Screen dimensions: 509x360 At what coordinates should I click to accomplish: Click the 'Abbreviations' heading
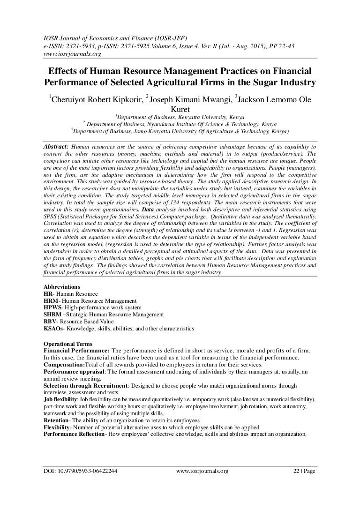click(x=61, y=286)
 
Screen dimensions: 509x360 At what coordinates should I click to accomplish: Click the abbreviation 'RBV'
click(x=50, y=322)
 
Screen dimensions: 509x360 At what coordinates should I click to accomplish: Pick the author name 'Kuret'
click(x=180, y=108)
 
